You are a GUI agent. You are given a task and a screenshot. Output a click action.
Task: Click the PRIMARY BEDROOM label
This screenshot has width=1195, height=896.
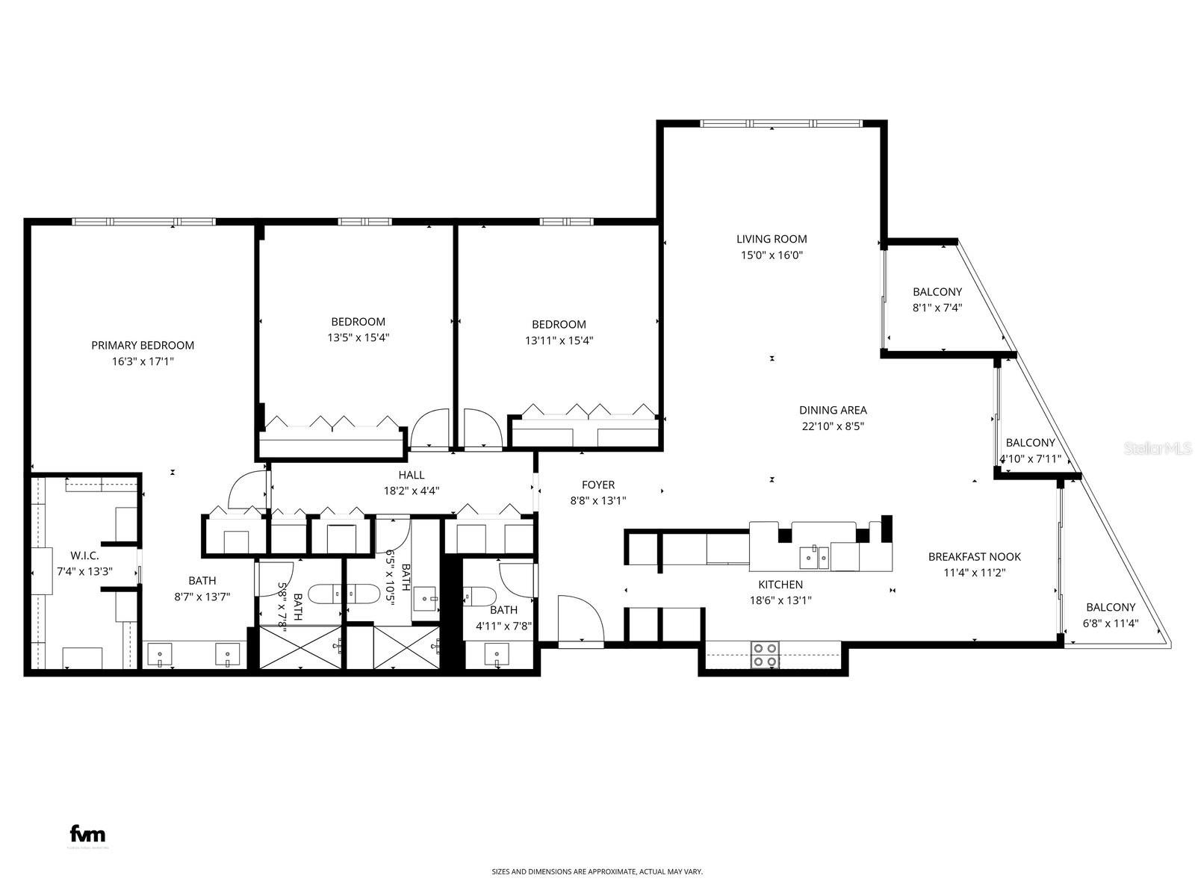pyautogui.click(x=143, y=345)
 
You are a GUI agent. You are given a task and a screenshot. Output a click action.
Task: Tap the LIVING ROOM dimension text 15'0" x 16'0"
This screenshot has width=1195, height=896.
pyautogui.click(x=772, y=255)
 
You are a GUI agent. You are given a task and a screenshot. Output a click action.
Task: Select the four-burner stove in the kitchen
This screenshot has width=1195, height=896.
pyautogui.click(x=765, y=655)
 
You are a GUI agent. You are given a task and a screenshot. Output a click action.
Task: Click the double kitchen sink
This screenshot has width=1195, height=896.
pyautogui.click(x=814, y=556)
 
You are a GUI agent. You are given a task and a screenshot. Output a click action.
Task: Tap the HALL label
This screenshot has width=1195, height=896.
pyautogui.click(x=411, y=475)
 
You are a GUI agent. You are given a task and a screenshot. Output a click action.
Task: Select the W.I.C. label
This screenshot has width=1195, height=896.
pyautogui.click(x=84, y=556)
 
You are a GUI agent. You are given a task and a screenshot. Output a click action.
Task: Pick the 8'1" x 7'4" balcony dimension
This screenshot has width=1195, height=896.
pyautogui.click(x=937, y=307)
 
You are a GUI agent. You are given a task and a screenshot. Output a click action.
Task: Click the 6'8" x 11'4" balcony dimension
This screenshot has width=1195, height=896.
pyautogui.click(x=1111, y=623)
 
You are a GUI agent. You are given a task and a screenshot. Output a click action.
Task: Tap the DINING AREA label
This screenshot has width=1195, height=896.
pyautogui.click(x=833, y=410)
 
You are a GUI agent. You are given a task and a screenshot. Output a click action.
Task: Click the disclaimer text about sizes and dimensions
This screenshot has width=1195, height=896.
pyautogui.click(x=597, y=871)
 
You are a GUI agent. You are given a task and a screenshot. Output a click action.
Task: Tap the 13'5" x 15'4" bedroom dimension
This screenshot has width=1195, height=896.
pyautogui.click(x=358, y=337)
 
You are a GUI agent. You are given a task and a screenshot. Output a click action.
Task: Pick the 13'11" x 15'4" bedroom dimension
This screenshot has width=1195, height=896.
pyautogui.click(x=559, y=340)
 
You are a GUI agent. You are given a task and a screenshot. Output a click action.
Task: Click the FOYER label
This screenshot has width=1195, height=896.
pyautogui.click(x=598, y=485)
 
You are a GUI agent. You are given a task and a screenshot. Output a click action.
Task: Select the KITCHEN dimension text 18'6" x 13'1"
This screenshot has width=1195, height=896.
pyautogui.click(x=780, y=600)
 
